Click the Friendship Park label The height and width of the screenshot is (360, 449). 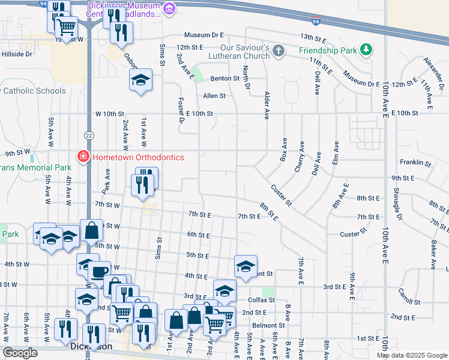click(x=328, y=50)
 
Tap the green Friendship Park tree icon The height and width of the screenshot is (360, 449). click(x=365, y=50)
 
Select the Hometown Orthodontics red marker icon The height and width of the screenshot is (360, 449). click(x=82, y=157)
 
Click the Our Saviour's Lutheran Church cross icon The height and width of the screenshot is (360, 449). click(x=278, y=50)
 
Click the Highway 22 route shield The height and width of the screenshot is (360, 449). click(x=88, y=134)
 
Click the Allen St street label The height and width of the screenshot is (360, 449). click(x=214, y=95)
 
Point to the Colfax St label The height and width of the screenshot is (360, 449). click(x=260, y=300)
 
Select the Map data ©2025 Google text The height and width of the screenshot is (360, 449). click(x=411, y=355)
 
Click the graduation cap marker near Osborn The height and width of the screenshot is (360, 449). click(x=140, y=80)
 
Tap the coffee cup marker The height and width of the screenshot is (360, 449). click(x=99, y=271)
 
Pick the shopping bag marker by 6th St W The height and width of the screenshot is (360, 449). click(x=91, y=230)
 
